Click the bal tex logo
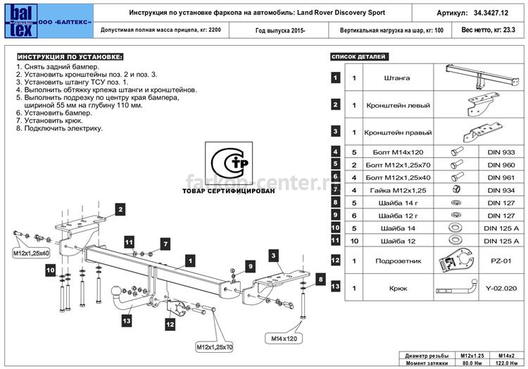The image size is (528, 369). click(x=21, y=21)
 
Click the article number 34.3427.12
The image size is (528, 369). click(x=491, y=13)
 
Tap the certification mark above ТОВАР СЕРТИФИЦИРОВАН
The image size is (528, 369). click(x=229, y=163)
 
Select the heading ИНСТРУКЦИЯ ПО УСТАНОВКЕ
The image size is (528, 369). click(x=70, y=57)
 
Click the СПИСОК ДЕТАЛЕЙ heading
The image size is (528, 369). click(x=359, y=56)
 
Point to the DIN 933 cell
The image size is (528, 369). click(x=501, y=152)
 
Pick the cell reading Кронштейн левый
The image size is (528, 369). click(x=398, y=106)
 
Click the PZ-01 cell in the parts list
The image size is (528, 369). click(x=501, y=261)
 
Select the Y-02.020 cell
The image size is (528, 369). click(x=501, y=288)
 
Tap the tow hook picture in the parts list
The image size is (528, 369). click(x=457, y=288)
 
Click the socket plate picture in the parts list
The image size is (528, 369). click(x=457, y=261)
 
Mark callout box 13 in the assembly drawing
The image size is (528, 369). click(x=127, y=321)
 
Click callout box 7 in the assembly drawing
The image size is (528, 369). click(x=165, y=244)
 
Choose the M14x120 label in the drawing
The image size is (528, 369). click(x=284, y=339)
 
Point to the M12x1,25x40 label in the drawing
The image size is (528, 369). click(x=31, y=254)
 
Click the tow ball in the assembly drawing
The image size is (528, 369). click(x=116, y=291)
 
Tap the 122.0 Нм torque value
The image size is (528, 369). click(x=506, y=363)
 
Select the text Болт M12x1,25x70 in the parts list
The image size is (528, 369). click(x=398, y=165)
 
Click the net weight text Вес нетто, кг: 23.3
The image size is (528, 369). click(x=489, y=30)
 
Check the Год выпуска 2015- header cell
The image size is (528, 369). click(x=280, y=31)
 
